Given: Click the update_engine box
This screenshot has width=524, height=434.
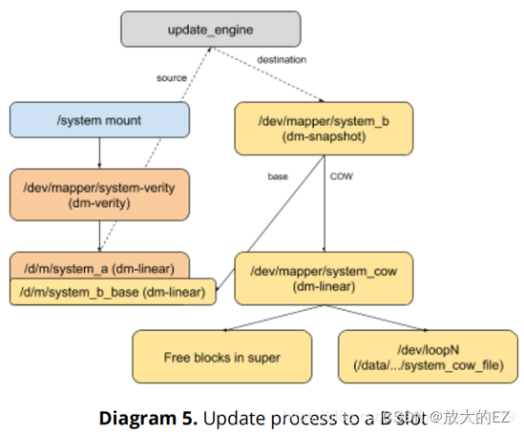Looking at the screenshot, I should click(x=210, y=31).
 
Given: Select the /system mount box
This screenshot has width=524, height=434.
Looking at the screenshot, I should click(x=99, y=121).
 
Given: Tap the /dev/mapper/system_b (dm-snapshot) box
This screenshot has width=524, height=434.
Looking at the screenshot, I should click(x=324, y=129).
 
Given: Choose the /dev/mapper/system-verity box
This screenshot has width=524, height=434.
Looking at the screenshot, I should click(x=99, y=196).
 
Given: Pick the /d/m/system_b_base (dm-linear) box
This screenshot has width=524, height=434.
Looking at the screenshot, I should click(x=112, y=292).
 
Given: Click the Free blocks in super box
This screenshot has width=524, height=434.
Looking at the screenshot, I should click(x=221, y=357).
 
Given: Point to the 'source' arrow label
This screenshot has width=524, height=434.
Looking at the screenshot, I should click(x=173, y=77).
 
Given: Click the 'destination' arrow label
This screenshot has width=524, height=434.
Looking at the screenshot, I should click(x=282, y=60).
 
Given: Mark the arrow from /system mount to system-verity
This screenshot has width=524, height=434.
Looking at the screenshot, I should click(x=99, y=153).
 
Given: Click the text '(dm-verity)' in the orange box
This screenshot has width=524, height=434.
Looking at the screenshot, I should click(x=99, y=204).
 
